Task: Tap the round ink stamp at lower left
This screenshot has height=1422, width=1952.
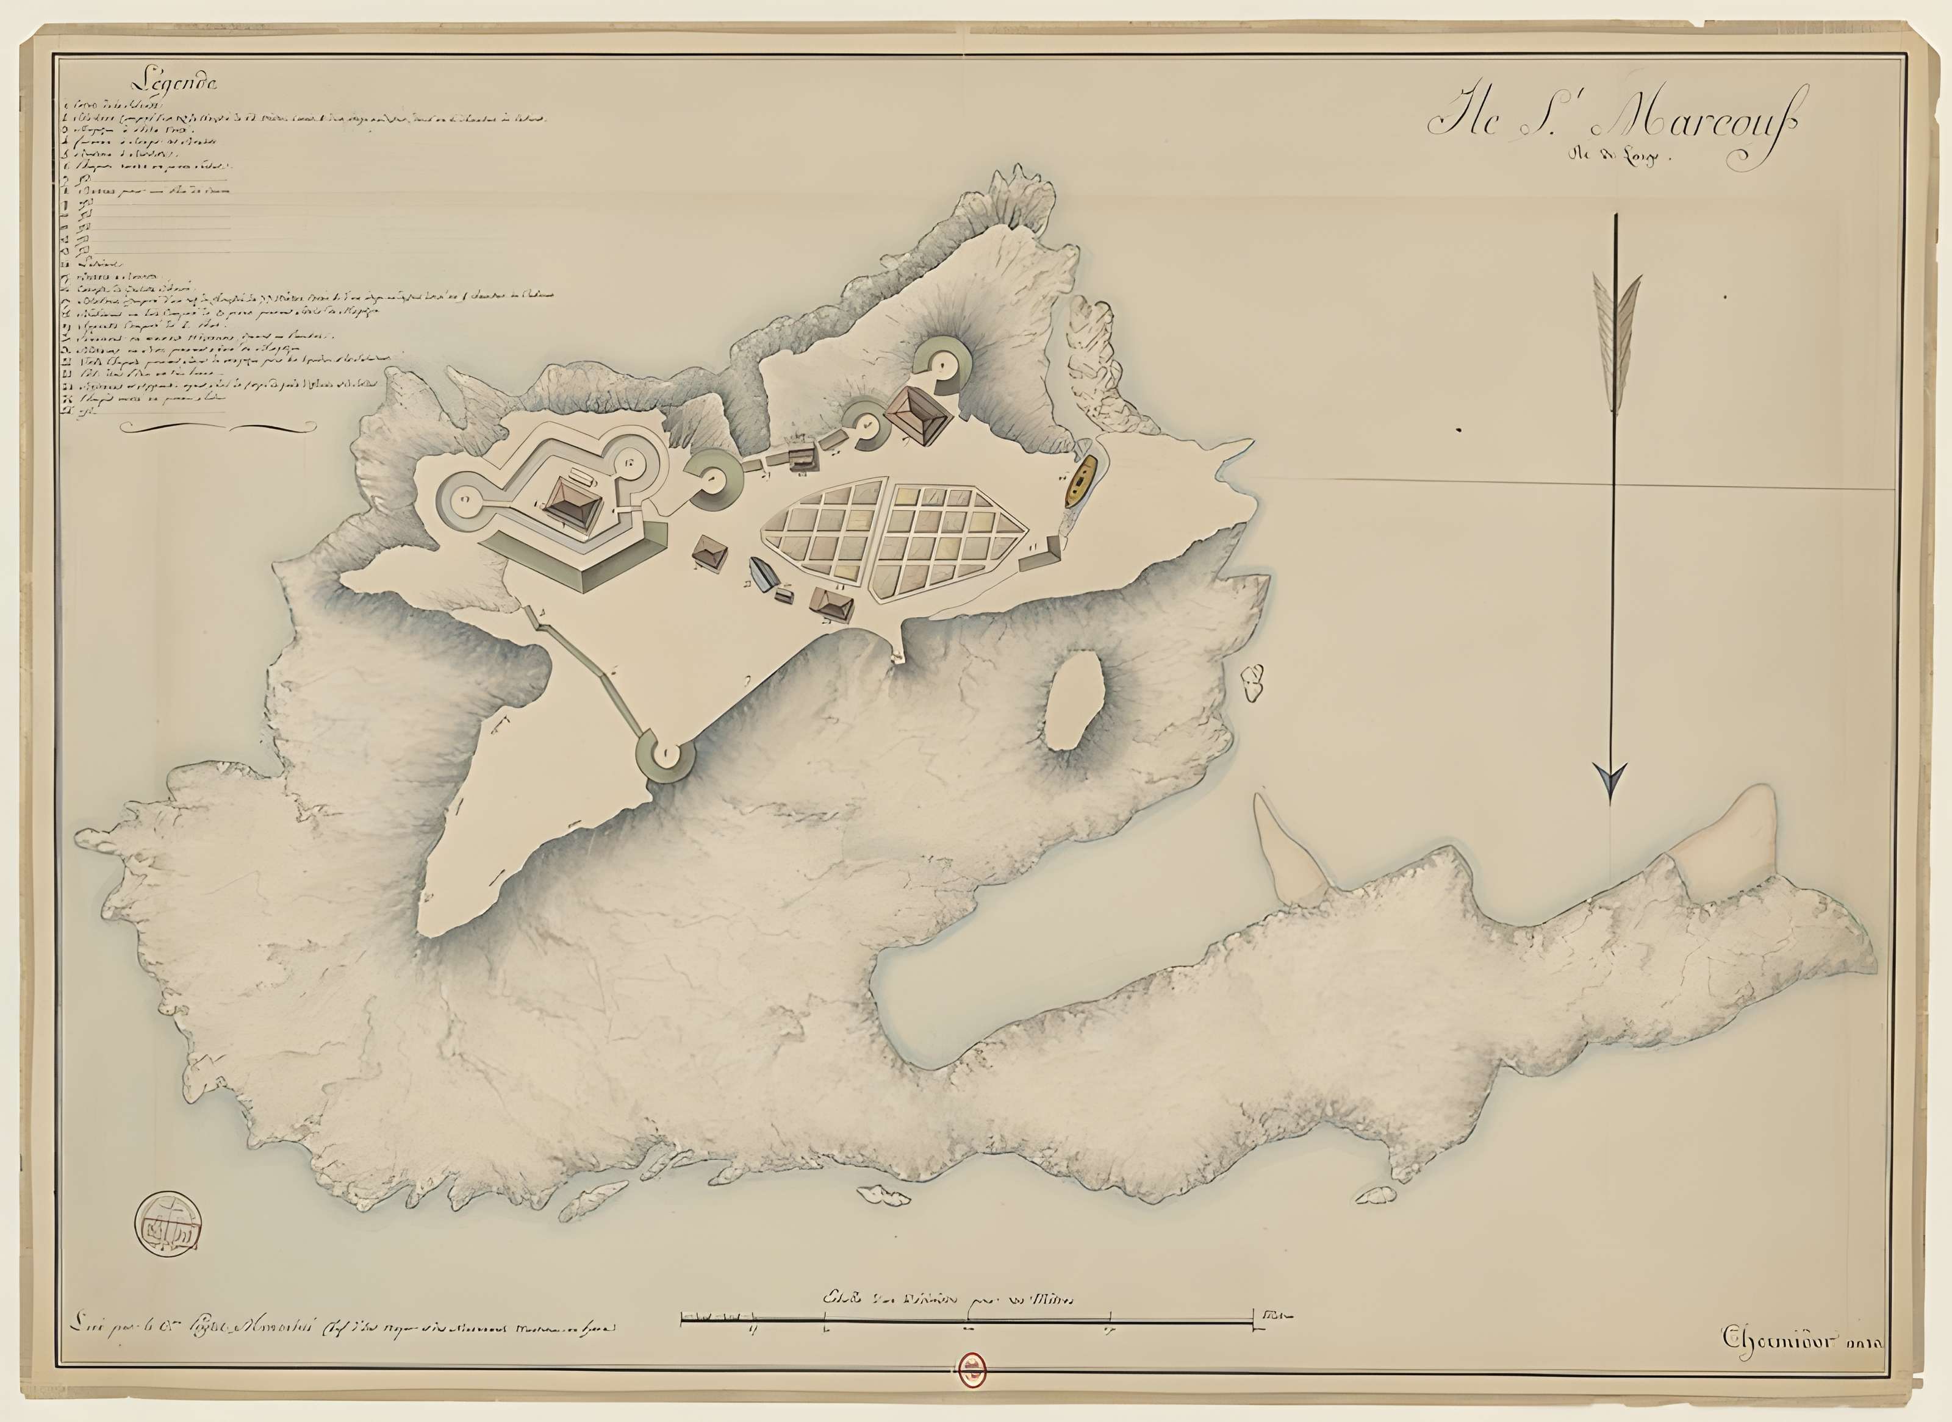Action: [x=170, y=1223]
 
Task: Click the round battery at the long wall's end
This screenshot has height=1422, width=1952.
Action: [x=665, y=756]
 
